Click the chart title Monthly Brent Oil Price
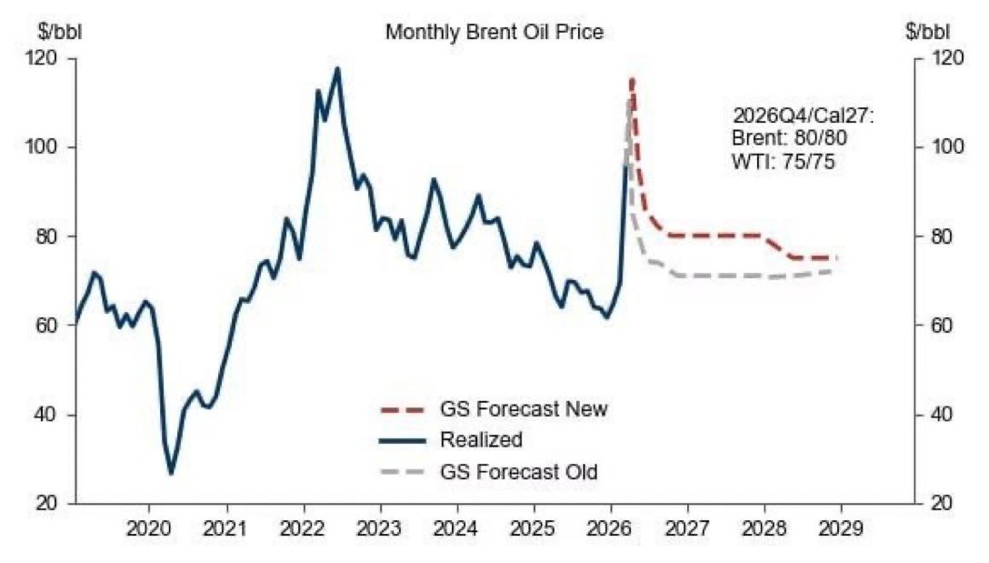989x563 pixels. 494,32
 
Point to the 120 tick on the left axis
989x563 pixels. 44,59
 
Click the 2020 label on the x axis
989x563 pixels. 150,529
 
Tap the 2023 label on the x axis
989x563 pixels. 381,529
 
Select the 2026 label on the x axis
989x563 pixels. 611,529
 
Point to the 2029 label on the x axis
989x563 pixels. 841,529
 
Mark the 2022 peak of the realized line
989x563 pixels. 337,68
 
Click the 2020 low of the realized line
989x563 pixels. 170,473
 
